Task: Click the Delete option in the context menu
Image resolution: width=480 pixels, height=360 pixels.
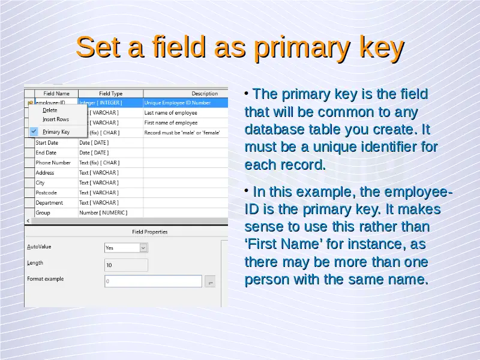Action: tap(50, 110)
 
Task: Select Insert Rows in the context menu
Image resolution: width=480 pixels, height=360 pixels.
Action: tap(56, 119)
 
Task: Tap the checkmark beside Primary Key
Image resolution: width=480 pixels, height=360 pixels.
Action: tap(34, 131)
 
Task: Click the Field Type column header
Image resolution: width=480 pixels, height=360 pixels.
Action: tap(110, 94)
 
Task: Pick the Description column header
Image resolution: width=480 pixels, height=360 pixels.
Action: tap(205, 94)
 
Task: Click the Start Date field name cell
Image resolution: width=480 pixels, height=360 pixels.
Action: tap(56, 143)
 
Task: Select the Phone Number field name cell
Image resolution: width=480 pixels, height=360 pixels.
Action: tap(56, 163)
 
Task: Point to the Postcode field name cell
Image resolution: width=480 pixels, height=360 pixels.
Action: tap(56, 193)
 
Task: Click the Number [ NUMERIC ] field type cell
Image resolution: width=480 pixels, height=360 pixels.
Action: tap(110, 212)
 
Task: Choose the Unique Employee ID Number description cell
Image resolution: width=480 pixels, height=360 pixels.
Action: tap(185, 103)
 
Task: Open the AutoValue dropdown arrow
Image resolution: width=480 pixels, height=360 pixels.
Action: tap(143, 248)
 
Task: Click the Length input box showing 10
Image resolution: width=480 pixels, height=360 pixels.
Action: tap(126, 265)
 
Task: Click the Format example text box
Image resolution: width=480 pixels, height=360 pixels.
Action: tap(153, 281)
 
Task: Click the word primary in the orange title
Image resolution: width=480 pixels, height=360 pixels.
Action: tap(303, 47)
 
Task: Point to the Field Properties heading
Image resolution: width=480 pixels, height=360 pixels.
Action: tap(149, 232)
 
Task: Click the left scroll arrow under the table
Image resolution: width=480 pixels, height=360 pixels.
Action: tap(28, 221)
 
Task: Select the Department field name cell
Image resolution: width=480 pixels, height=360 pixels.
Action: tap(56, 203)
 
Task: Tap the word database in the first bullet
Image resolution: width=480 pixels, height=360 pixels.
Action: tap(274, 129)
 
